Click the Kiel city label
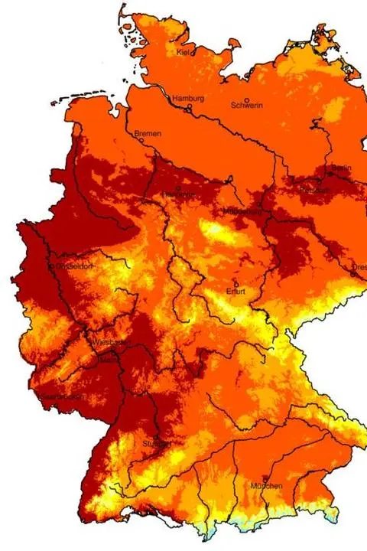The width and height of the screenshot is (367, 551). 182,52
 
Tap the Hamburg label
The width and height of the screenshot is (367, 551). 187,99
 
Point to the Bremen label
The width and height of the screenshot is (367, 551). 148,134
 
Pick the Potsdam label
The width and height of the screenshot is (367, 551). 313,190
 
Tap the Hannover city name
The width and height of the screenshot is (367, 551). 178,195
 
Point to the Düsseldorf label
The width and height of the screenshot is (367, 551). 71,266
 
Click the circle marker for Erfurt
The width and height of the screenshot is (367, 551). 235,282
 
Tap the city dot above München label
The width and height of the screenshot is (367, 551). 265,477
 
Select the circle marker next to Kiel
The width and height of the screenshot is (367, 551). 193,53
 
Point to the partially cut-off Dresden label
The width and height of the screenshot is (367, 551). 359,267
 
